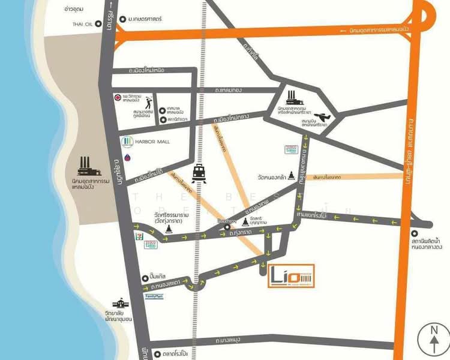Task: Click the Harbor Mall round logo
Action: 126,142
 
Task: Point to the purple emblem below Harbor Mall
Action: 127,158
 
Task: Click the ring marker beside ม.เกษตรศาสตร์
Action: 124,20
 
